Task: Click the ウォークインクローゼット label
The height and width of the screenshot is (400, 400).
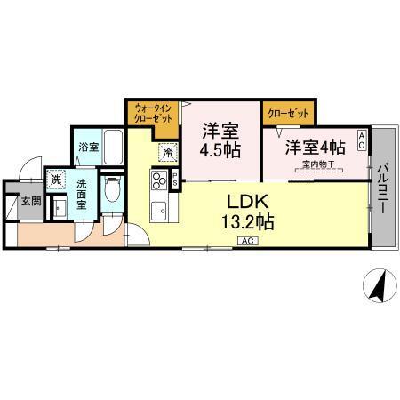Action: (x=152, y=112)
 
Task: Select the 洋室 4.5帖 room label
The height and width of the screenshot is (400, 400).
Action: (x=218, y=140)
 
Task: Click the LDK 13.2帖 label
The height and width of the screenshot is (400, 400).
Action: (x=248, y=209)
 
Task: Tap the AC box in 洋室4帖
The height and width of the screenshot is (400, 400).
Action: (x=362, y=138)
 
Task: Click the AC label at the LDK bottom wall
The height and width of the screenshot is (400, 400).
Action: (x=247, y=241)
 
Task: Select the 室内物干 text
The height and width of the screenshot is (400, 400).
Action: (x=317, y=164)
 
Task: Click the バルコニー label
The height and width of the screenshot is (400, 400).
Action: (x=384, y=187)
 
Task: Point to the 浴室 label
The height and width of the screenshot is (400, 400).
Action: (x=87, y=147)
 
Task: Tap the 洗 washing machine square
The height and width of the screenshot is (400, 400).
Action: (x=56, y=180)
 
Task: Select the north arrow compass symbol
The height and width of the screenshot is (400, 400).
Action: (x=378, y=287)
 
